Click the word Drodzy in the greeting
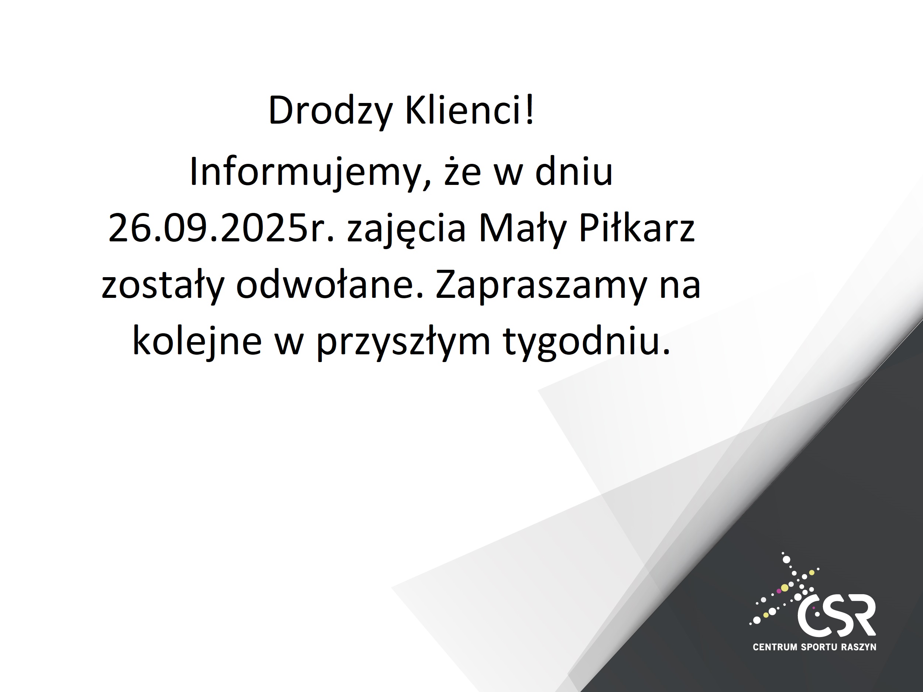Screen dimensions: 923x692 coord(330,111)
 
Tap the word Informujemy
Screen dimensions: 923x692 coord(309,172)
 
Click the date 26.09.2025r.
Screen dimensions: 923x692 coord(221,228)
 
